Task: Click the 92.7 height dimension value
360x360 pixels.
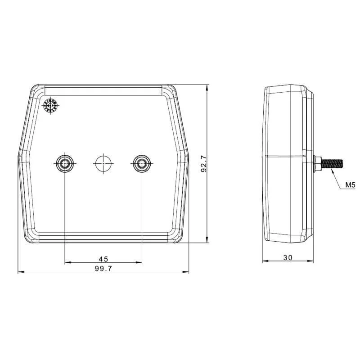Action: click(x=204, y=164)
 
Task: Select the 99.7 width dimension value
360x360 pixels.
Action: click(x=103, y=268)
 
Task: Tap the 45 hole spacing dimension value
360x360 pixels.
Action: click(x=103, y=259)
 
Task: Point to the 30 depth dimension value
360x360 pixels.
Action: click(x=288, y=257)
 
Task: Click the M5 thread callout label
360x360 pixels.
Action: click(x=351, y=184)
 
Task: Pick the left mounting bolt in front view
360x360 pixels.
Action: click(x=65, y=163)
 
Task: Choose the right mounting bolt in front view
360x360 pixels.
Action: click(x=142, y=163)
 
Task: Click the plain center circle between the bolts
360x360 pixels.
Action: click(x=103, y=163)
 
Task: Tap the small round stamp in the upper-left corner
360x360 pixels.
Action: click(x=50, y=106)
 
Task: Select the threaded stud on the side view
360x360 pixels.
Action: click(x=332, y=164)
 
